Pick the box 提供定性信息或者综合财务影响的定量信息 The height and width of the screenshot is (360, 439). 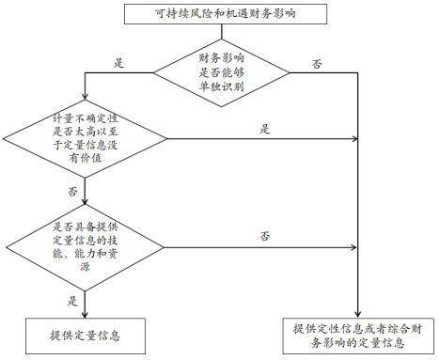click(359, 335)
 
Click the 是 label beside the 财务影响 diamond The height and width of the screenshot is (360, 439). click(119, 63)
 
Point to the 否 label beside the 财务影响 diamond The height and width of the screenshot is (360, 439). click(317, 63)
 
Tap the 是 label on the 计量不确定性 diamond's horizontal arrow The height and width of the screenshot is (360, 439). click(265, 129)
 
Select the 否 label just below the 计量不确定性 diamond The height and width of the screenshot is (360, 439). click(72, 192)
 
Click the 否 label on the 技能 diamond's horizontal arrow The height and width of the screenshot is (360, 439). click(266, 235)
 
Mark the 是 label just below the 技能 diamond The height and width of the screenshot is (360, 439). click(72, 301)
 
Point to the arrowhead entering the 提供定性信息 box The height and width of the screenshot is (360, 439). click(359, 312)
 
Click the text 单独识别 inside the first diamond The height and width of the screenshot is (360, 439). click(222, 86)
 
